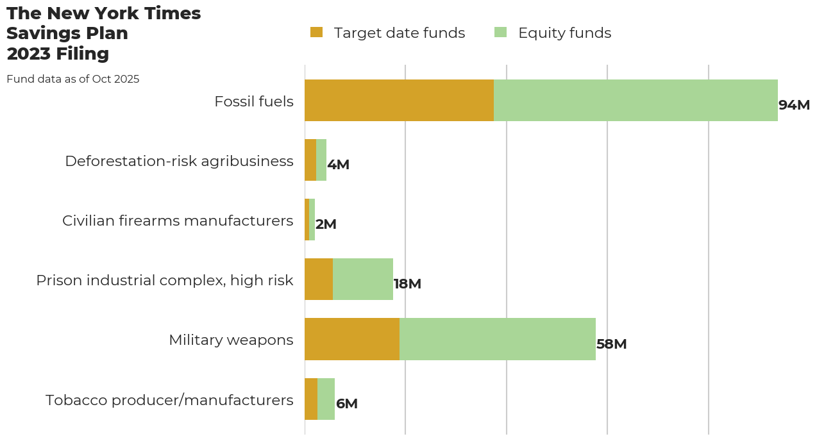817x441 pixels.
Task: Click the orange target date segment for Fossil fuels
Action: (399, 101)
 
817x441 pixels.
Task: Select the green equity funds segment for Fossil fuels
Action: (636, 101)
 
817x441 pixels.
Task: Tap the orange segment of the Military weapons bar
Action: (352, 339)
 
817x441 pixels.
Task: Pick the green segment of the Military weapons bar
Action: (498, 339)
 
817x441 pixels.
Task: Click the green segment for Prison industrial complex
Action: (363, 279)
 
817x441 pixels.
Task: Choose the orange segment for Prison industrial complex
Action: (319, 279)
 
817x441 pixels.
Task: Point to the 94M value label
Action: (794, 105)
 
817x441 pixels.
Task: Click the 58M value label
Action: (611, 344)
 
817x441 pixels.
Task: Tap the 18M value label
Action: (407, 284)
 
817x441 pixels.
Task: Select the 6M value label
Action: (347, 404)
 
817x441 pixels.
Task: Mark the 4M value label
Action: (338, 165)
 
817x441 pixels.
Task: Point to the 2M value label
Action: (326, 224)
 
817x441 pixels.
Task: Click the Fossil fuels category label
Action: (254, 101)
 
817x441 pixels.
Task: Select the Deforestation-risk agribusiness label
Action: (179, 161)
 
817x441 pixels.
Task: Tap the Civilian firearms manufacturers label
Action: (178, 220)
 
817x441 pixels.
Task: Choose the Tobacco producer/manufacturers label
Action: (169, 400)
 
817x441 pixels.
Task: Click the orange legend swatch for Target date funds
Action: (316, 32)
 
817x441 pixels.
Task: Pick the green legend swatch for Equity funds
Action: (500, 32)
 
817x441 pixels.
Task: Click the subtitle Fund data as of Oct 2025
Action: (73, 79)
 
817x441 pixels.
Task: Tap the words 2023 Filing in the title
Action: (58, 54)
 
